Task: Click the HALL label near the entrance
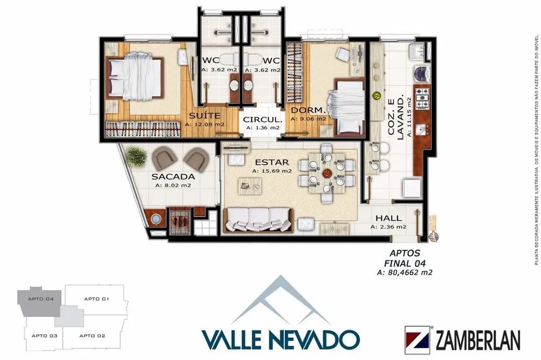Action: click(x=389, y=218)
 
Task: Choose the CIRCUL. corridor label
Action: click(x=262, y=119)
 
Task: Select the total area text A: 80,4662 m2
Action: click(x=404, y=272)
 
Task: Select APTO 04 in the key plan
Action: click(x=42, y=299)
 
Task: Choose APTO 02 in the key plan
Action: click(x=92, y=336)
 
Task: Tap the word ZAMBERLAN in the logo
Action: click(x=478, y=338)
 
